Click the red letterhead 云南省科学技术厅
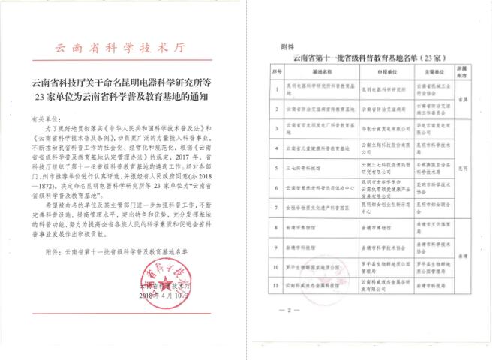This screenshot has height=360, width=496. (x=125, y=47)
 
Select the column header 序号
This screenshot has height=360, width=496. (x=275, y=71)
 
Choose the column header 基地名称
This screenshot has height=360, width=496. (x=320, y=71)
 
